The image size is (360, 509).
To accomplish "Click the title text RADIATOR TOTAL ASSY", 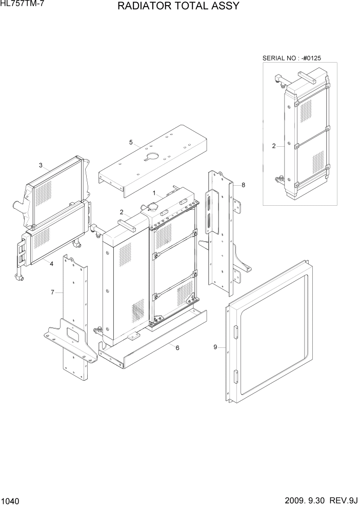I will click(178, 7).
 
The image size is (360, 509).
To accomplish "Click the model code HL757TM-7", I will click(21, 4).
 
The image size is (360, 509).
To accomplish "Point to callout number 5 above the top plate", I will click(131, 142).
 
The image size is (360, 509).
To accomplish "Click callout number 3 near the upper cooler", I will click(41, 165).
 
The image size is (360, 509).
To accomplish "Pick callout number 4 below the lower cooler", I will click(52, 263).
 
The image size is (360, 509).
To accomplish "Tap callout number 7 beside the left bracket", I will click(52, 292).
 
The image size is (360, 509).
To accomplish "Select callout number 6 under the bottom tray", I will click(177, 348).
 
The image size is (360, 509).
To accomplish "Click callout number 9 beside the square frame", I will click(215, 347).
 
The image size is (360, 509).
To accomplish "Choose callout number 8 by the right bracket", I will click(243, 185).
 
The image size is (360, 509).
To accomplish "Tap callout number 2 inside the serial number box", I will click(274, 146).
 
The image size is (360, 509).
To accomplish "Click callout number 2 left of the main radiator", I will click(122, 212).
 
